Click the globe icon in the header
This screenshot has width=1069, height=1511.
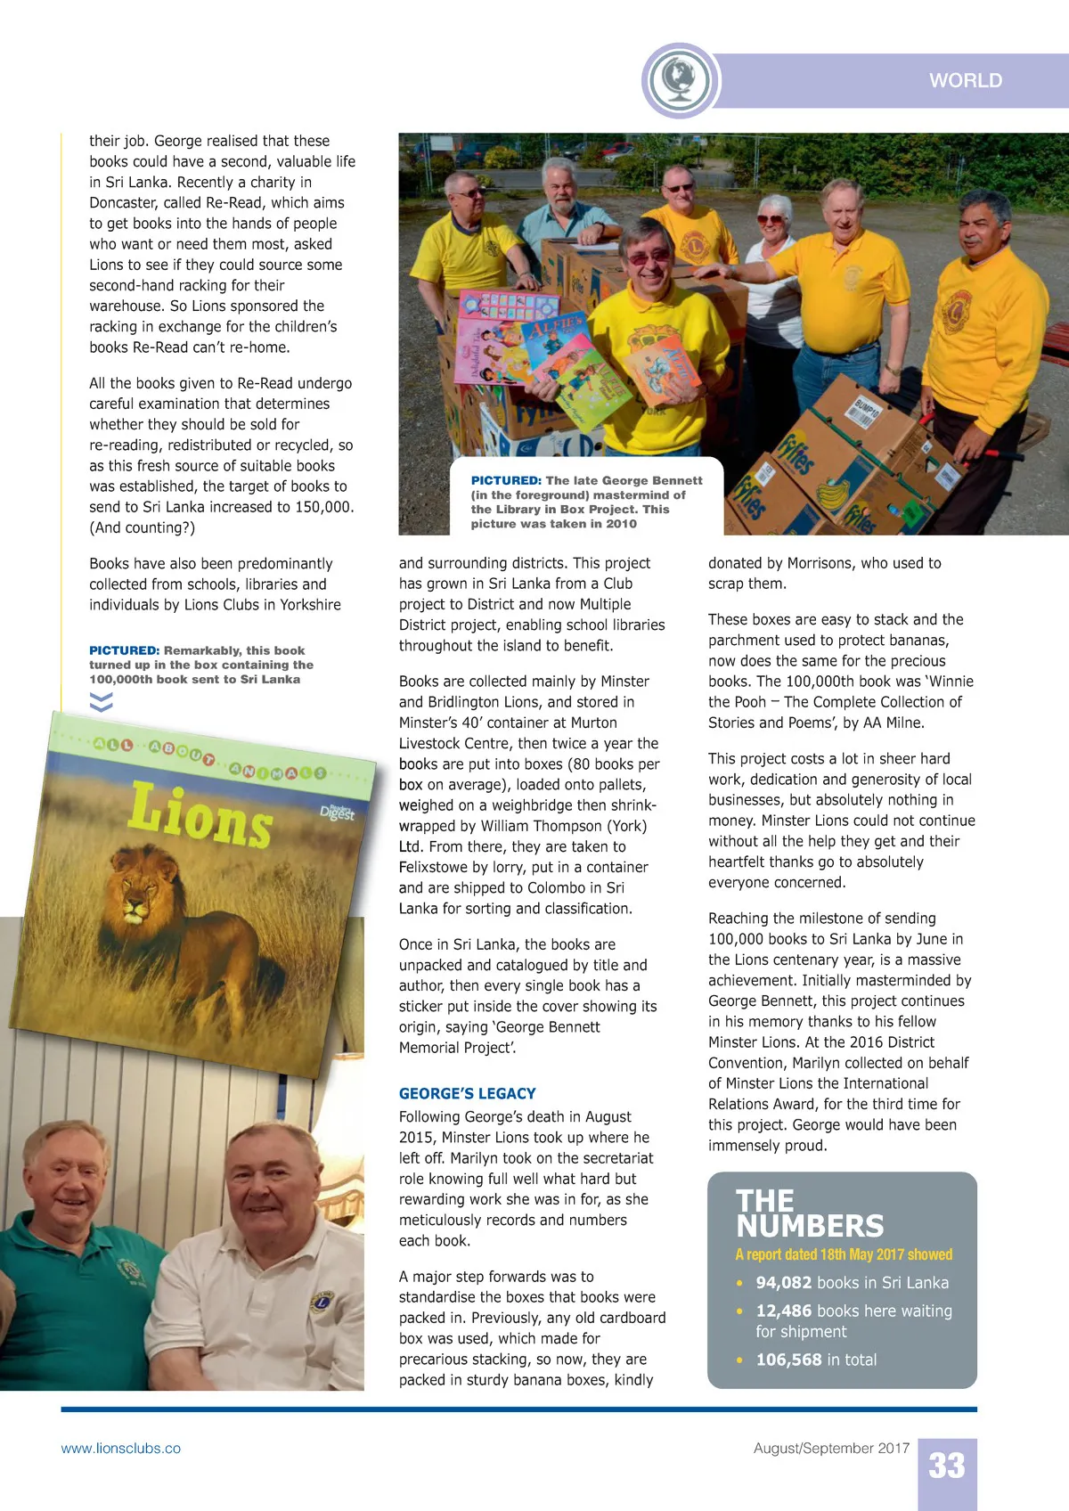tap(680, 80)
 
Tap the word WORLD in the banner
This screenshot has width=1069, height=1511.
tap(966, 80)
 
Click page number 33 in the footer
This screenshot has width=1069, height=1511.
tap(947, 1466)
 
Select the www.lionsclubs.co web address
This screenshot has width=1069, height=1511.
tap(121, 1449)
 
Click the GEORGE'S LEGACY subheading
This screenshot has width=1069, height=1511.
tap(468, 1093)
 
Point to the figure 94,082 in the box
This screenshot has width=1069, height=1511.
tap(784, 1283)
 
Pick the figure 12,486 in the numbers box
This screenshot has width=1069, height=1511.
tap(784, 1311)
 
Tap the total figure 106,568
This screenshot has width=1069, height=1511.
tap(788, 1360)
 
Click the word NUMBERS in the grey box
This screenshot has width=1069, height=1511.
tap(810, 1227)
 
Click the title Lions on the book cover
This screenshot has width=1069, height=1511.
tap(200, 814)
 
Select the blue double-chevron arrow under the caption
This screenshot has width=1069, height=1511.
tap(102, 702)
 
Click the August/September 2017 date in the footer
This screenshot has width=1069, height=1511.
tap(831, 1449)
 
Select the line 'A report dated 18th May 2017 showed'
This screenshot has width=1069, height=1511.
tap(844, 1254)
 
